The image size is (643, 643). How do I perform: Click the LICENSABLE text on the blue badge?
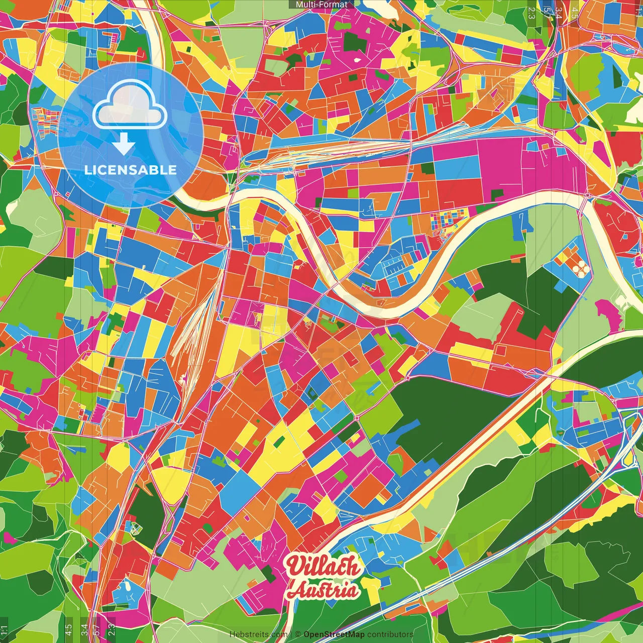click(x=130, y=170)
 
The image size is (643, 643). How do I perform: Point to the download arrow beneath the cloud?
click(x=124, y=145)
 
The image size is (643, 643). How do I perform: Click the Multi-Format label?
click(x=321, y=5)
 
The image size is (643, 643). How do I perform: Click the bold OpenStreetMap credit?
click(x=334, y=634)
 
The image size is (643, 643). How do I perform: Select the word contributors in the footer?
click(x=390, y=634)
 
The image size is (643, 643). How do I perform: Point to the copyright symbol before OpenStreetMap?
click(x=298, y=634)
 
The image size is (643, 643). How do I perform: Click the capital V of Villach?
click(x=294, y=566)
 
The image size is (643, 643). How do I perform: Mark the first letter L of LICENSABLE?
click(x=87, y=170)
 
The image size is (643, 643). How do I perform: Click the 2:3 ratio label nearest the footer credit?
click(x=112, y=629)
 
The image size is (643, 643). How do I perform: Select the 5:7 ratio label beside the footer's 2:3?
click(x=97, y=629)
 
